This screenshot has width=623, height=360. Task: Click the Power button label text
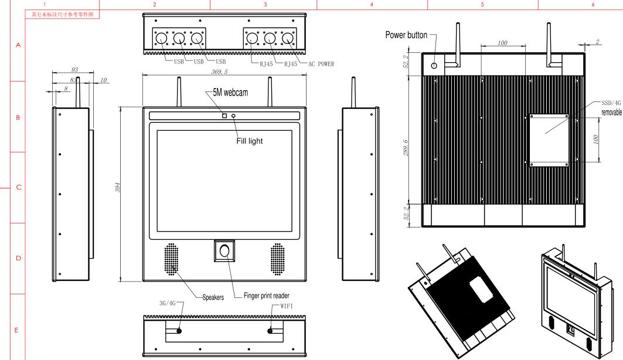[x=406, y=35]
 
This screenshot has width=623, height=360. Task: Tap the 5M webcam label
[x=230, y=93]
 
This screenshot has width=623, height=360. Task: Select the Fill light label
[x=250, y=141]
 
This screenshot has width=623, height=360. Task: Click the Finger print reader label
[x=267, y=296]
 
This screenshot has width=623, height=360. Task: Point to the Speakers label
[x=213, y=297]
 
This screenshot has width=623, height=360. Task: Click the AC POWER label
[x=321, y=63]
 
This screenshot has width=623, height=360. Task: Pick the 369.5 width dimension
[x=219, y=72]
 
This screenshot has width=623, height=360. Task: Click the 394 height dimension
[x=118, y=188]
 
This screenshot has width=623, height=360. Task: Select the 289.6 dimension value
[x=406, y=147]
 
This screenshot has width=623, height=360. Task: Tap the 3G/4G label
[x=167, y=303]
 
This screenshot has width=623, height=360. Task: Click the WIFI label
[x=287, y=306]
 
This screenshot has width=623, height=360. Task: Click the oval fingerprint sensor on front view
[x=224, y=251]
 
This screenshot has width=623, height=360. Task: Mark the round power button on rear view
[x=434, y=65]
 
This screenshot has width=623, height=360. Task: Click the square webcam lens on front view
[x=224, y=116]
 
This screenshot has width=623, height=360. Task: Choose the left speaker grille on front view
[x=171, y=260]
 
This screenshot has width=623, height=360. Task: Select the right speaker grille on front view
[x=277, y=260]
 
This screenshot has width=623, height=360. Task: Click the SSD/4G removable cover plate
[x=549, y=140]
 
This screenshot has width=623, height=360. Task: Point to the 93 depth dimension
[x=74, y=70]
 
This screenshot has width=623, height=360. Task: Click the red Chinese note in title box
[x=63, y=14]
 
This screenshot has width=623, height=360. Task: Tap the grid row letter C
[x=19, y=187]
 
